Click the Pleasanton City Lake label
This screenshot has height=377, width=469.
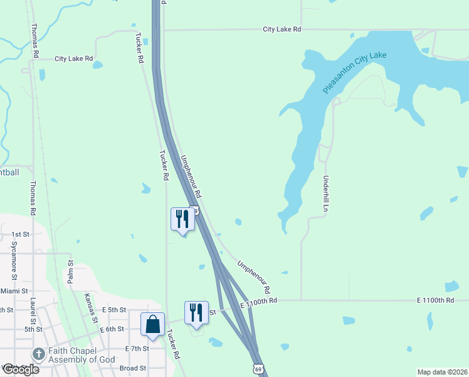click(355, 73)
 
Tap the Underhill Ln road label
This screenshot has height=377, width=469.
click(326, 193)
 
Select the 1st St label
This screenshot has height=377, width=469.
click(21, 234)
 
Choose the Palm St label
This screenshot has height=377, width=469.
click(70, 272)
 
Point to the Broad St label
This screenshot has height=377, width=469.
click(132, 368)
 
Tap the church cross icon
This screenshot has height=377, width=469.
click(38, 354)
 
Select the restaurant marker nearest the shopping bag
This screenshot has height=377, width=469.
click(196, 312)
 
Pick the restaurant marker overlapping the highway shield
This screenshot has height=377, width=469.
click(182, 219)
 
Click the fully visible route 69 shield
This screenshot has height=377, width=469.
click(258, 369)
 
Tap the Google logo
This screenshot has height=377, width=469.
click(20, 369)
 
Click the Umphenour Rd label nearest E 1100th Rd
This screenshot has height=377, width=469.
click(253, 277)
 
